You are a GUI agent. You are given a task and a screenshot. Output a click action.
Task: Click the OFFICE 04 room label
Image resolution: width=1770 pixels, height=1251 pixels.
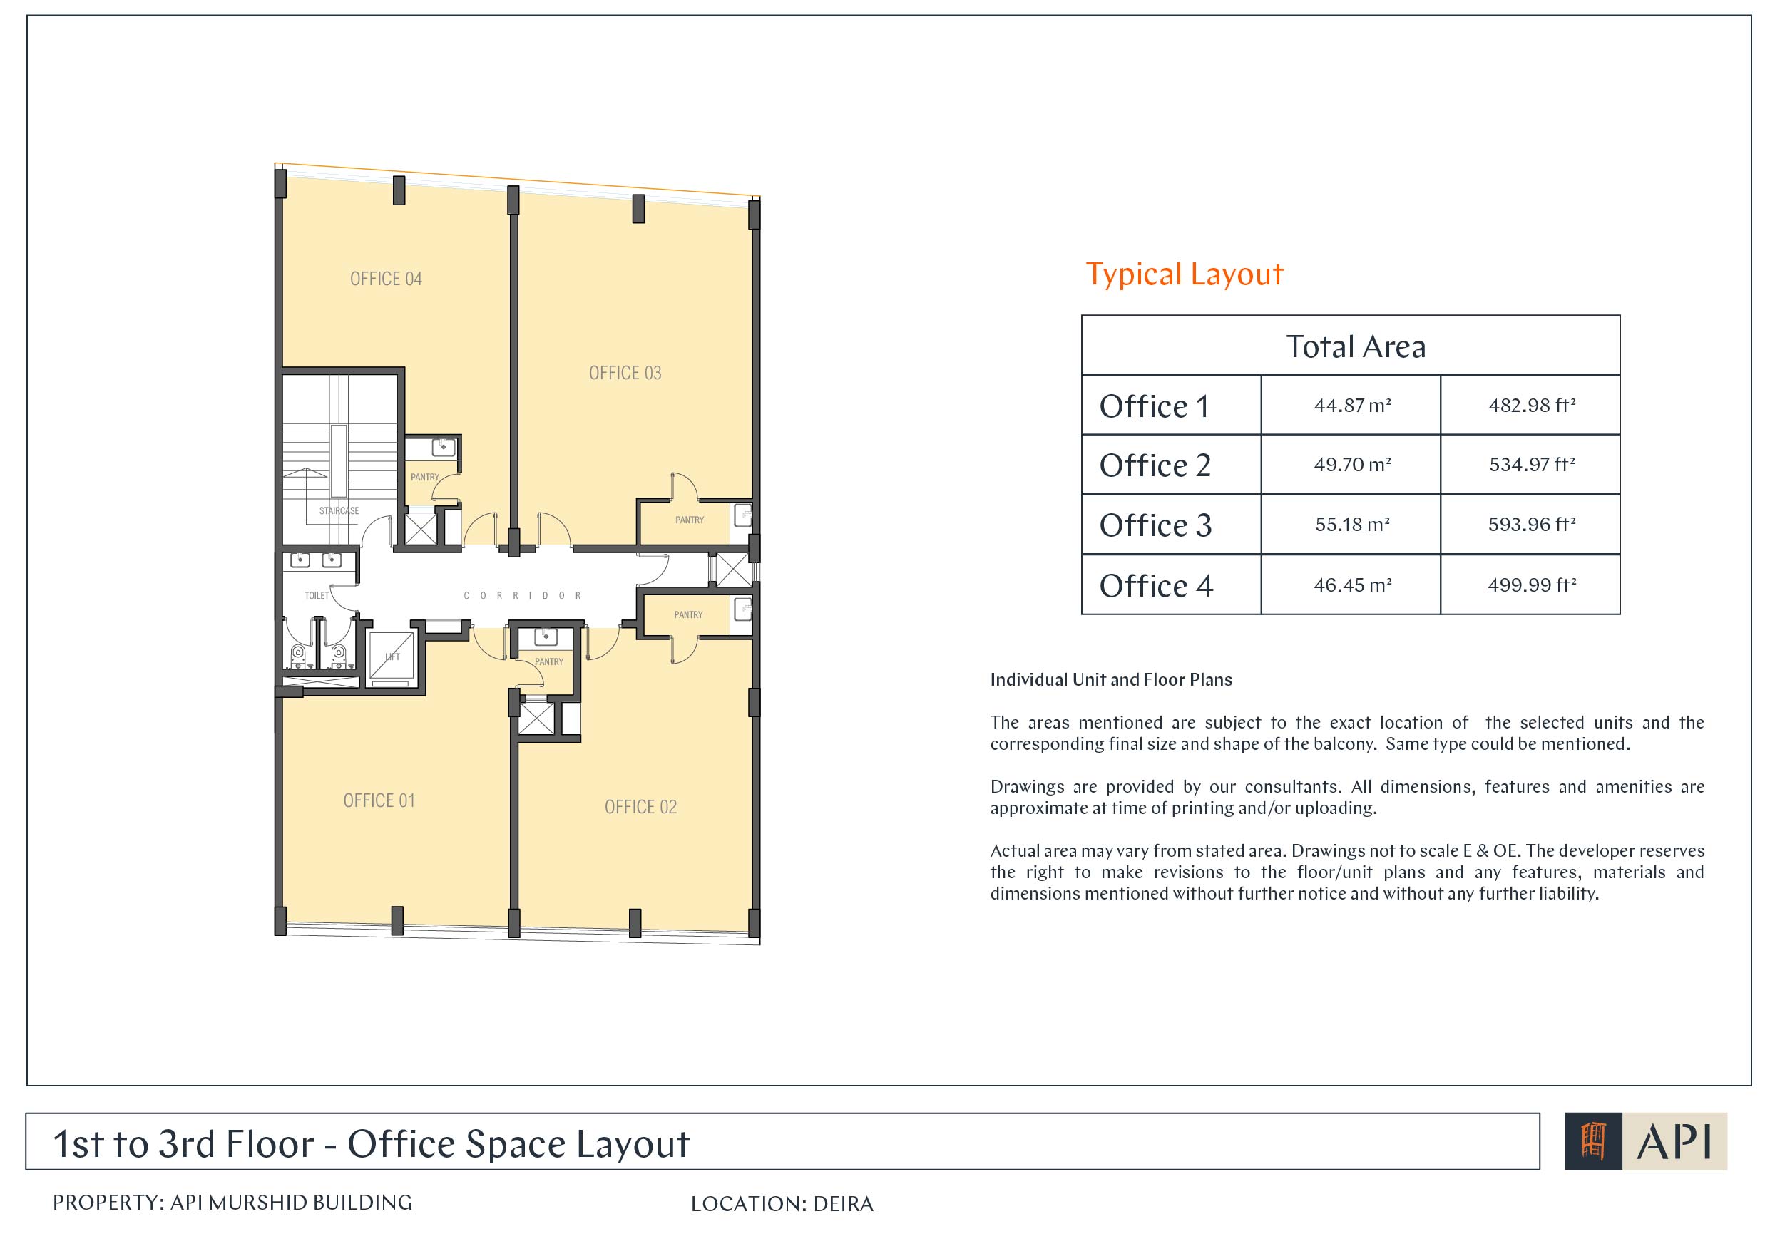pos(387,279)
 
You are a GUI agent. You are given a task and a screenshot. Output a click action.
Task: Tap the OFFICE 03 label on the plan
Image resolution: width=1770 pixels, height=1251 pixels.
pos(625,373)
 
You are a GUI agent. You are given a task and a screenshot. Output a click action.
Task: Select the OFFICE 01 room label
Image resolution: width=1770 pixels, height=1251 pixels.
pos(379,801)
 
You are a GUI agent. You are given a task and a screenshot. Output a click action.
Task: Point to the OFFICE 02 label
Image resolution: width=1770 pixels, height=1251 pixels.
pos(640,807)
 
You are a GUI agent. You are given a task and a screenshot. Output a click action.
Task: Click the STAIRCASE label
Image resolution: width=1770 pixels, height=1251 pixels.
pos(339,510)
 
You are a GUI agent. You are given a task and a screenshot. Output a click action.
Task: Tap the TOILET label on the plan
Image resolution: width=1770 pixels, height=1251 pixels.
pos(317,595)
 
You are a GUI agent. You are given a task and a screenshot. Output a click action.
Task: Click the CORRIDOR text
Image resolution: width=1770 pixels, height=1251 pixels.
pos(523,595)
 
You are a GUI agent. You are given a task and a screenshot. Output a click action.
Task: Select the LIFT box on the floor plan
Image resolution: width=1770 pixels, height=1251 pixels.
pos(392,657)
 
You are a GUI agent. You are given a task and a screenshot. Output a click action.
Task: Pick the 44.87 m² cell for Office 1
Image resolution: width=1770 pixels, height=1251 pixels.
pos(1353,406)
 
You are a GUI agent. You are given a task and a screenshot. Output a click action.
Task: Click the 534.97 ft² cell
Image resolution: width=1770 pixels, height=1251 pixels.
pos(1533,465)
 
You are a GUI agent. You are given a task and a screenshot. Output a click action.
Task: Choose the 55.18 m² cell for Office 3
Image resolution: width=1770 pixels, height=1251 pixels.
pos(1353,525)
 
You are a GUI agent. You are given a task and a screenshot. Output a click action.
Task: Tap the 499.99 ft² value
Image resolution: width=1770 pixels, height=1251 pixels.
pos(1533,585)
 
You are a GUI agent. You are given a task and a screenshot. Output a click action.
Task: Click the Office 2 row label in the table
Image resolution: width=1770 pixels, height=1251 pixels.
pos(1155,465)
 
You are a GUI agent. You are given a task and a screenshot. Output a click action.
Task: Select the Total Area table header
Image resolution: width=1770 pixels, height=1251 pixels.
pos(1356,347)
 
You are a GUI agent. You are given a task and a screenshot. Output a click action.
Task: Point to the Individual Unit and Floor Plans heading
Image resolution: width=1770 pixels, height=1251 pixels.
pos(1111,680)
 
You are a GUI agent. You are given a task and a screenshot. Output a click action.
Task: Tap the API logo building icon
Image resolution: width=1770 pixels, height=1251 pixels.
pos(1592,1141)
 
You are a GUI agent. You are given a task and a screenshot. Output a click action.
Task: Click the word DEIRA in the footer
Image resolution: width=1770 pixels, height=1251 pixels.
pos(844,1205)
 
